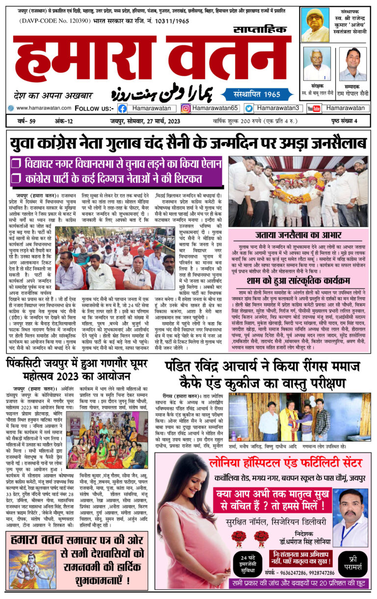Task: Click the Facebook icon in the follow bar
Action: pyautogui.click(x=122, y=108)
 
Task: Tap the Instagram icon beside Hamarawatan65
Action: pyautogui.click(x=186, y=108)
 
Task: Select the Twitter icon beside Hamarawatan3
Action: pyautogui.click(x=249, y=108)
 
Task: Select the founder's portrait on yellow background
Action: pyautogui.click(x=315, y=25)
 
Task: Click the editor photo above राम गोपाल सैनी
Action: pyautogui.click(x=352, y=64)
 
